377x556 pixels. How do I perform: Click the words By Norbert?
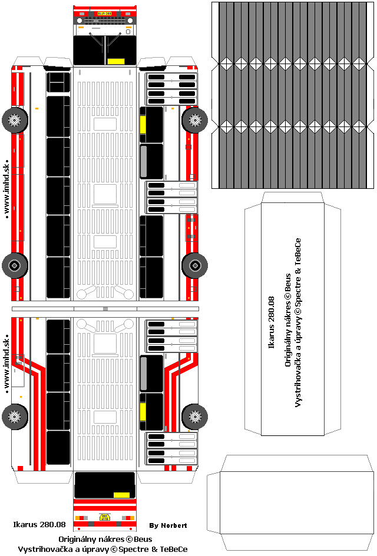coord(168,525)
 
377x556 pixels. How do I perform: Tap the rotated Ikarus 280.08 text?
coord(272,322)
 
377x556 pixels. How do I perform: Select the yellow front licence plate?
coord(104,13)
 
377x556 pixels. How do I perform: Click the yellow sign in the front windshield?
coord(115,61)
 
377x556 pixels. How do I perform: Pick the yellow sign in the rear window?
coord(121,495)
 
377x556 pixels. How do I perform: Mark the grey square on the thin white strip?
coord(105,308)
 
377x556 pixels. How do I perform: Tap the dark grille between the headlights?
coord(104,20)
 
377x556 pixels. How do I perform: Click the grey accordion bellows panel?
coord(293,95)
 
